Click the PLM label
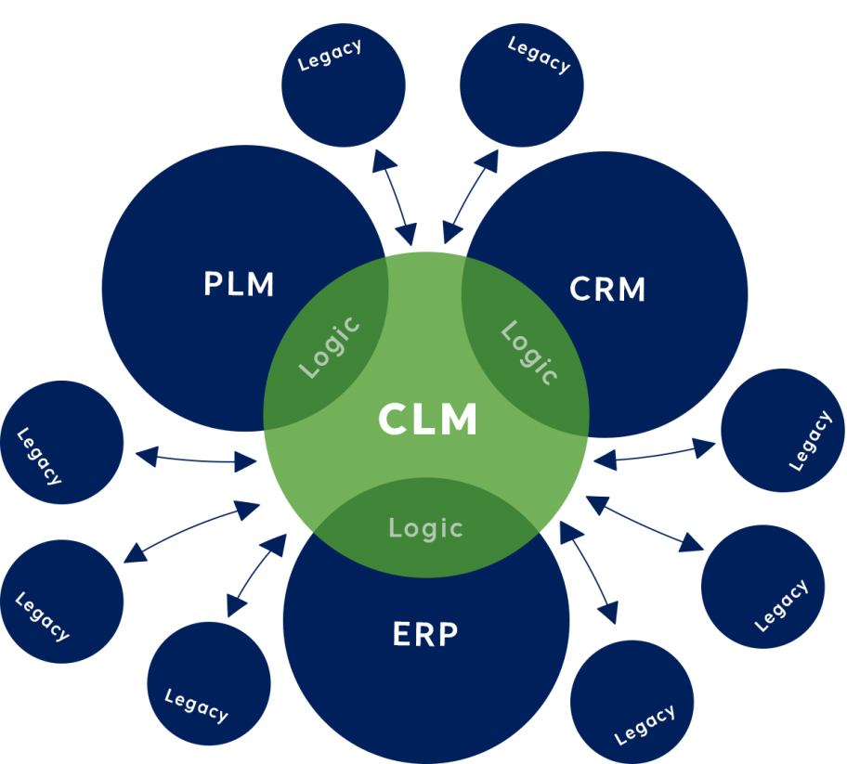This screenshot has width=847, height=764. pyautogui.click(x=239, y=284)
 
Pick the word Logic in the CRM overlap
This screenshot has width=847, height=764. pyautogui.click(x=529, y=353)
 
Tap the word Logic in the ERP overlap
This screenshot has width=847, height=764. pyautogui.click(x=425, y=528)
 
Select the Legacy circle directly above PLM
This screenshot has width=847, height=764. pyautogui.click(x=344, y=85)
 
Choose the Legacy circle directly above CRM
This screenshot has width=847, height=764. pyautogui.click(x=522, y=85)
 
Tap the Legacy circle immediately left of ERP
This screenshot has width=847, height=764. pyautogui.click(x=209, y=683)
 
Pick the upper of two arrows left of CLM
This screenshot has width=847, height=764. pyautogui.click(x=196, y=458)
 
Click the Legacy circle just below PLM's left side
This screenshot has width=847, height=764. pyautogui.click(x=61, y=443)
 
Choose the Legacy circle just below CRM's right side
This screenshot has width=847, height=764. pyautogui.click(x=782, y=430)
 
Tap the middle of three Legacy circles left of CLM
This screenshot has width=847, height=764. pyautogui.click(x=61, y=600)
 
